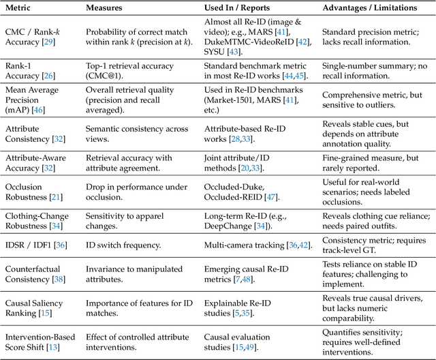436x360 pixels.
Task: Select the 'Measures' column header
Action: click(104, 8)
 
